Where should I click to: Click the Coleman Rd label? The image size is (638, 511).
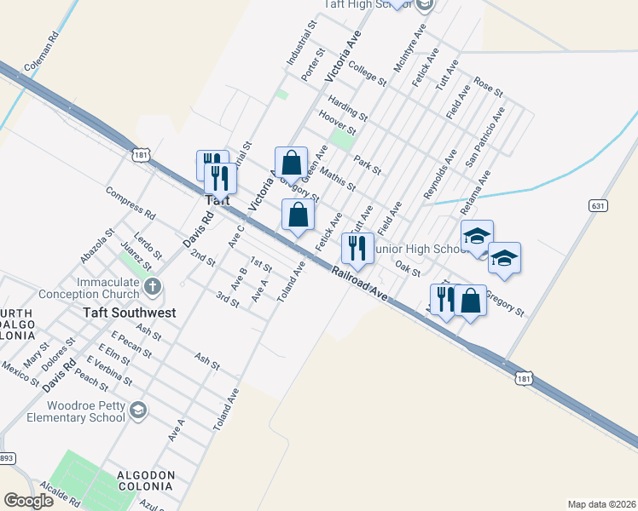pos(42,54)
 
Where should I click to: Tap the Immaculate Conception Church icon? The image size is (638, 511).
pos(152,286)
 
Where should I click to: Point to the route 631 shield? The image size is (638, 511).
pos(597,205)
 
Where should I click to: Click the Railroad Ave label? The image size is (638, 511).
pos(359,284)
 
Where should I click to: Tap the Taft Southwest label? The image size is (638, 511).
pos(130,313)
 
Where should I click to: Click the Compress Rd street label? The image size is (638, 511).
pos(130,202)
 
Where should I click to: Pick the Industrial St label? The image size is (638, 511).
pos(301,45)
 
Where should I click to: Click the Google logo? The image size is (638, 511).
pos(28,501)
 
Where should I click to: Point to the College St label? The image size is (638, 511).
pos(367,75)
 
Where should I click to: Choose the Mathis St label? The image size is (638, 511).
pos(338,180)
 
